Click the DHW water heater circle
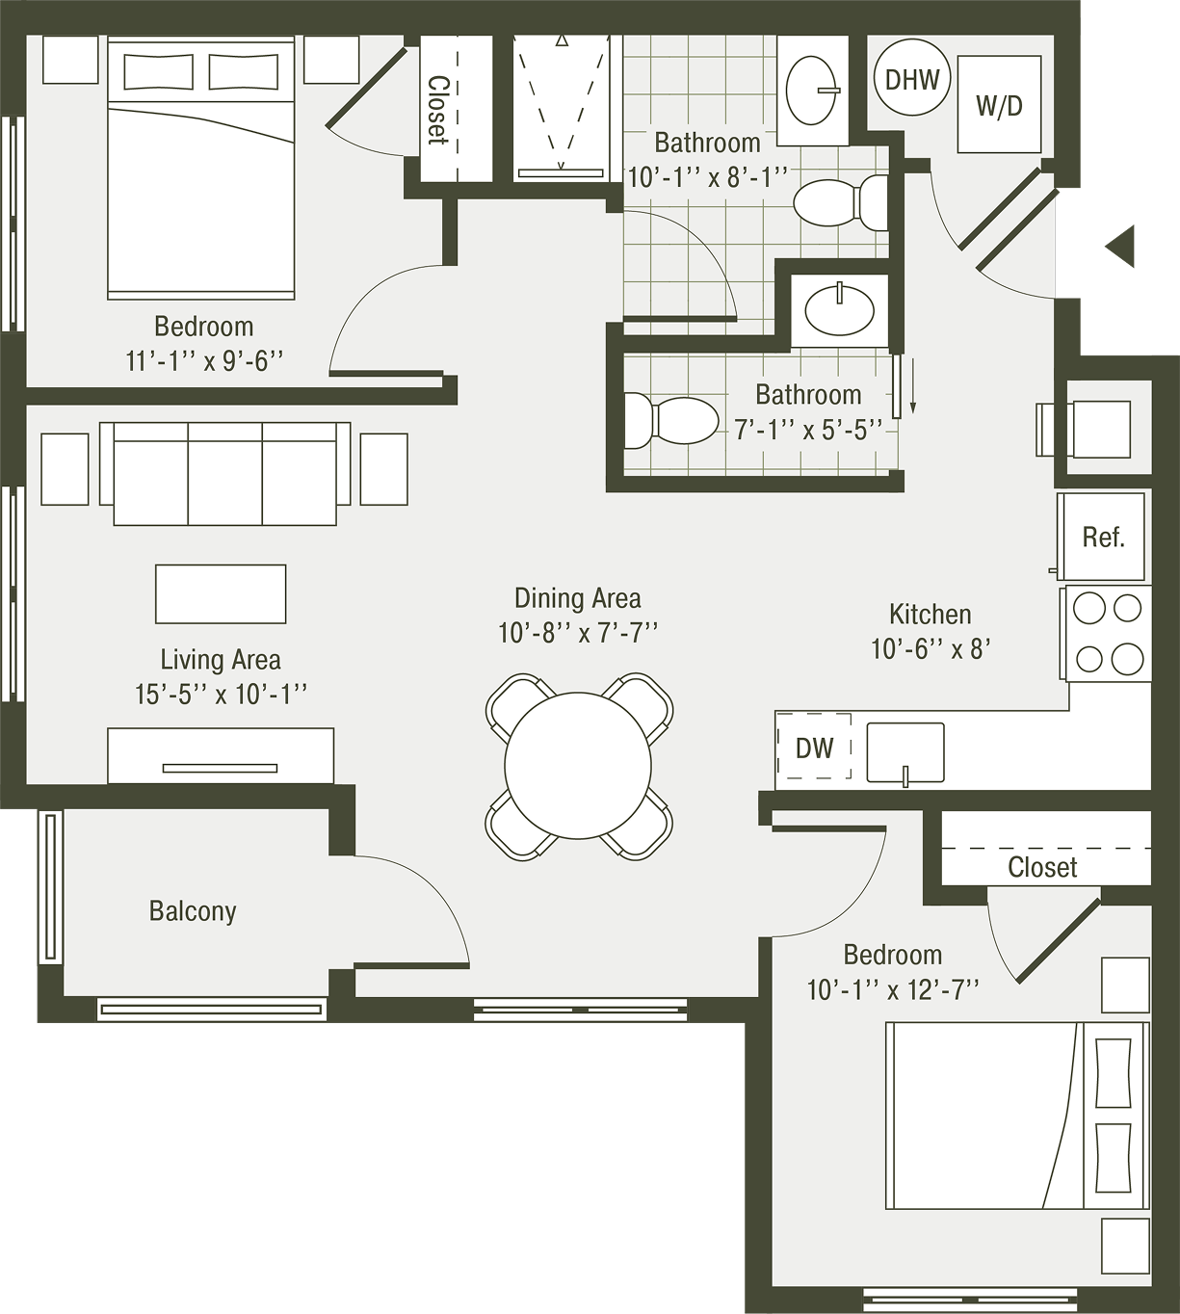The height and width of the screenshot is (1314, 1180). pos(912,78)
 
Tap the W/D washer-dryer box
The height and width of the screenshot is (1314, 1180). pos(999,104)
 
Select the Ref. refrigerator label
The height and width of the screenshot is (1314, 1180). pos(1104,537)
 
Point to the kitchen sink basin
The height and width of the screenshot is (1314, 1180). pos(905,752)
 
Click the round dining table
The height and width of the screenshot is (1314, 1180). pos(578,765)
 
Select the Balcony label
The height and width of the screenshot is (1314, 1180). pos(193,911)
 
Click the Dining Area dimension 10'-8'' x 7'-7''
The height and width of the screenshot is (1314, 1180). pos(578,632)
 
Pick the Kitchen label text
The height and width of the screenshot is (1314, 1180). pos(931,615)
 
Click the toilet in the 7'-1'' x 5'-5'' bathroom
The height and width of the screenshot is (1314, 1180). pos(670,421)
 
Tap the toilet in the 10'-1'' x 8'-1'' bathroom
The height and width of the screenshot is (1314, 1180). pos(841,202)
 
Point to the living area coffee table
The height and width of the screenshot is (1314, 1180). pos(221,594)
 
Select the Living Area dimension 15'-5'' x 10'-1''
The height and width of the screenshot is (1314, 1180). pos(221,694)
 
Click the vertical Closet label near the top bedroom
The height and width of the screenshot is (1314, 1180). pos(439,110)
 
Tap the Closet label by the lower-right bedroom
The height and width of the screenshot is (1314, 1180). pos(1042,867)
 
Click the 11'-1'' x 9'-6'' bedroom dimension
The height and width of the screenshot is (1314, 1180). pos(204,360)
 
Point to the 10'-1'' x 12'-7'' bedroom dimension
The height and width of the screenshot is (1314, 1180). pos(893,989)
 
